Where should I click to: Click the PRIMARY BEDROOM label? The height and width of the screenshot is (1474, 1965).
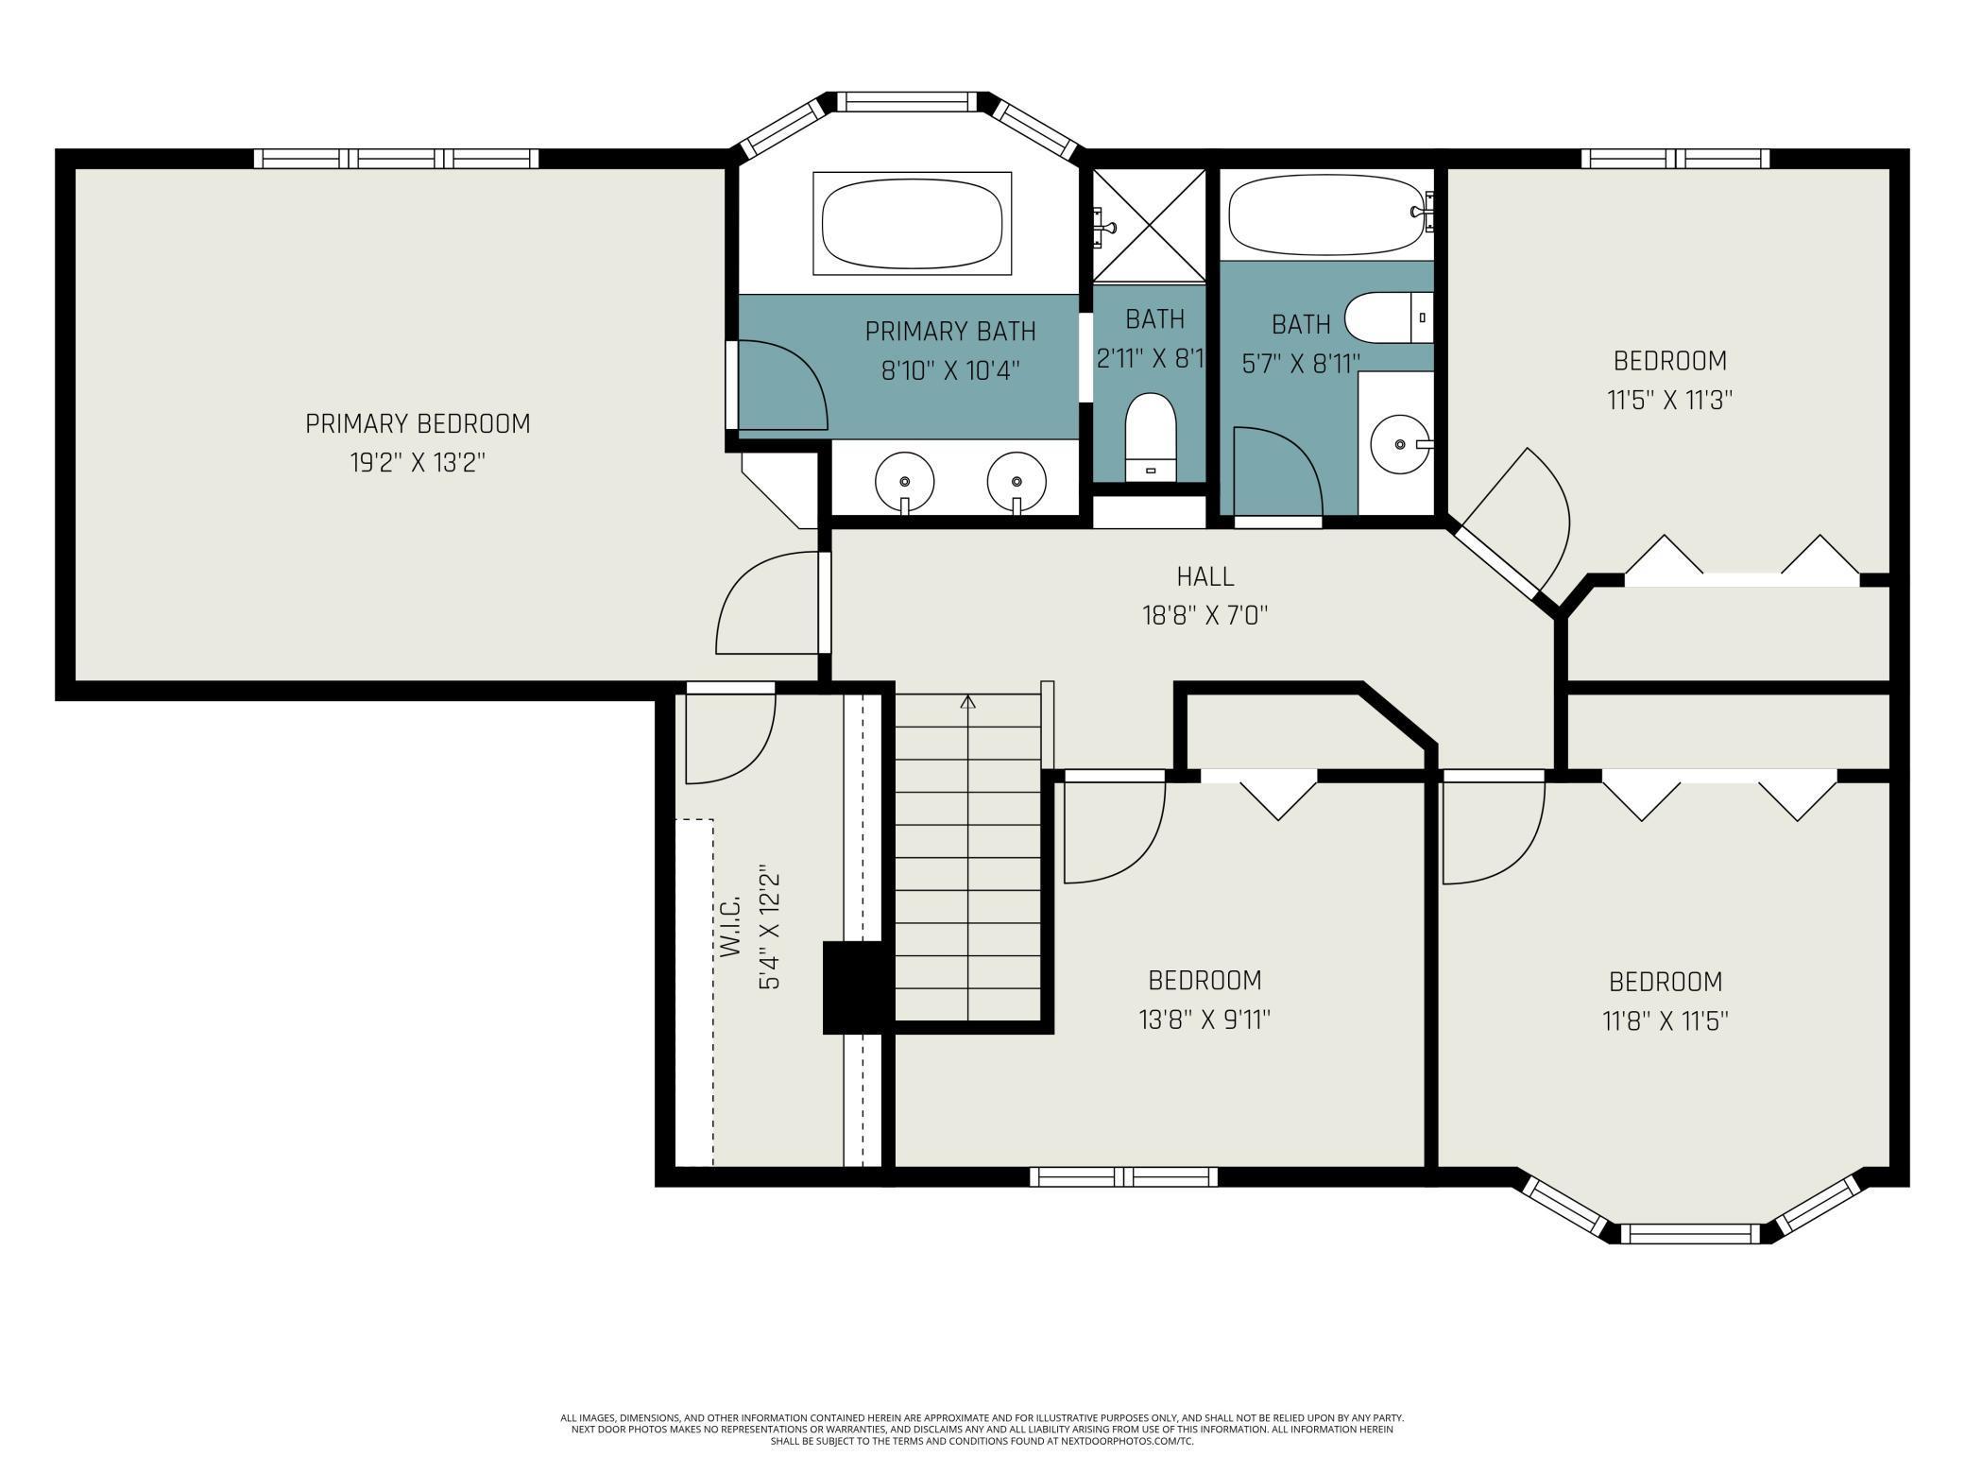pos(418,423)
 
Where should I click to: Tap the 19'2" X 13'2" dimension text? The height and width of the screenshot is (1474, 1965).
pos(418,463)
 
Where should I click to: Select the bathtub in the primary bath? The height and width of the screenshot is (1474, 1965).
pos(912,224)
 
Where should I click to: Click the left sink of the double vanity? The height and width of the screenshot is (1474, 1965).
pos(904,481)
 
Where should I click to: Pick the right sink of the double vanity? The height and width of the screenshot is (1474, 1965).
pos(1017,481)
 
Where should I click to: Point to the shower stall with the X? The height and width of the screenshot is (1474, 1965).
pos(1149,225)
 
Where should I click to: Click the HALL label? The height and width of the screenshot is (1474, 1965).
pos(1205,575)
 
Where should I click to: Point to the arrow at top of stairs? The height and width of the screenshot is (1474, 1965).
pos(967,702)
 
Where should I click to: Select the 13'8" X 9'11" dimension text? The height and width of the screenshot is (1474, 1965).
pos(1205,1020)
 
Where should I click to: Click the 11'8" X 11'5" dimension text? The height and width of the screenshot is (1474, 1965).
pos(1666,1021)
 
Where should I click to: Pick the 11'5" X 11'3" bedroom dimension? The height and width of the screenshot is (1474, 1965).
pos(1669,401)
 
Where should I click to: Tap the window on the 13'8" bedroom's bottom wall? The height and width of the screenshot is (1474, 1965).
pos(1123,1176)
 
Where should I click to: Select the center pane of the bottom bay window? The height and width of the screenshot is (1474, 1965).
pos(1690,1234)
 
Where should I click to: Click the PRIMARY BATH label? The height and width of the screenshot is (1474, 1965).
pos(950,332)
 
